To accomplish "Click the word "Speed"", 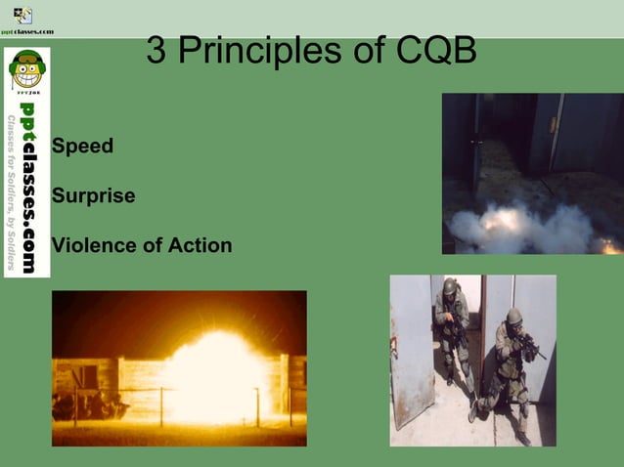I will (82, 147).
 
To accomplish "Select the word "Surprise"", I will (93, 195).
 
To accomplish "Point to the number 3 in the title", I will (156, 52).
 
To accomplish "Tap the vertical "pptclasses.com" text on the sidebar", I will (29, 186).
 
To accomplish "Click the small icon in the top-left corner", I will (22, 15).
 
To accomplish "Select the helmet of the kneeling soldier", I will (513, 317).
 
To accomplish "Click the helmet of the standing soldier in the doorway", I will (449, 286).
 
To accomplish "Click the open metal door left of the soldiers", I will (412, 352).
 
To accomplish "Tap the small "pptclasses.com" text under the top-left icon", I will (26, 31).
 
